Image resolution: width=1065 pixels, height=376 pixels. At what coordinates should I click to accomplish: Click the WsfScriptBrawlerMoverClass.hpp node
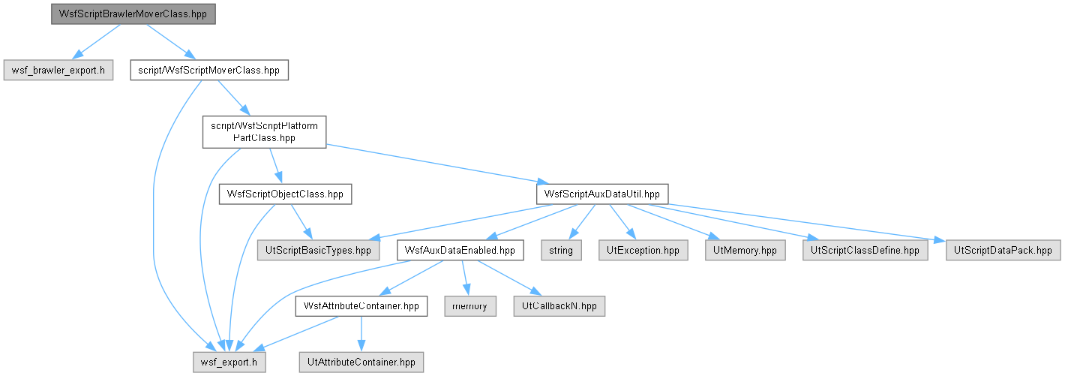pos(133,14)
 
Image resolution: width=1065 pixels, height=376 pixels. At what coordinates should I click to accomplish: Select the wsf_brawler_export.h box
pos(58,70)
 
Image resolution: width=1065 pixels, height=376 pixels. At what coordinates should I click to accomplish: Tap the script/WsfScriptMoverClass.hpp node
pos(209,70)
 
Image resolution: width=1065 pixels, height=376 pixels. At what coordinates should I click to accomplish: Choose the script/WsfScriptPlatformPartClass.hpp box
pos(264,132)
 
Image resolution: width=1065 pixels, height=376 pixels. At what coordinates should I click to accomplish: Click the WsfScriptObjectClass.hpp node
pos(285,194)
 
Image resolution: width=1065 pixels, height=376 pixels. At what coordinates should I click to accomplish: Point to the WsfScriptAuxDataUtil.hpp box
pos(602,194)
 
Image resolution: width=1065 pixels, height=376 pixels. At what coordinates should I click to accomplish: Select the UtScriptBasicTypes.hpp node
pos(319,251)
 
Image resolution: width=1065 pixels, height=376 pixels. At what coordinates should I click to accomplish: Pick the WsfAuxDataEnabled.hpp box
pos(460,251)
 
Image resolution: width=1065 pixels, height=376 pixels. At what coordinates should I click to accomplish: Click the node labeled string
pos(561,251)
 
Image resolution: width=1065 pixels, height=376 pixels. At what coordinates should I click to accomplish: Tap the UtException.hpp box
pos(643,251)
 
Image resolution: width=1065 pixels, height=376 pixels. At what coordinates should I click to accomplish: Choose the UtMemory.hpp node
pos(745,251)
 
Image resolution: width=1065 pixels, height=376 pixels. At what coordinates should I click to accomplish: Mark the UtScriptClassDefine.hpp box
pos(865,251)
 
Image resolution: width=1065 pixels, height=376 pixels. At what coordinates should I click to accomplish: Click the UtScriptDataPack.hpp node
pos(1003,251)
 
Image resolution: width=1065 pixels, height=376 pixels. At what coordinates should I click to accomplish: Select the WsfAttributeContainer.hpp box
pos(361,306)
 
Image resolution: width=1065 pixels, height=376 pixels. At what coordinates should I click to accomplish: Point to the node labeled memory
pos(470,306)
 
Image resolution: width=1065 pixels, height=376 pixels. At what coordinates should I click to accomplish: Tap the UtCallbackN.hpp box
pos(559,306)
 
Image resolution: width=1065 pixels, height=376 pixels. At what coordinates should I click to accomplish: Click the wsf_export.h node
pos(229,362)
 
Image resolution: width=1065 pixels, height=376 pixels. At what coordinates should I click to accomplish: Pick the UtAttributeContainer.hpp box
pos(361,362)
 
